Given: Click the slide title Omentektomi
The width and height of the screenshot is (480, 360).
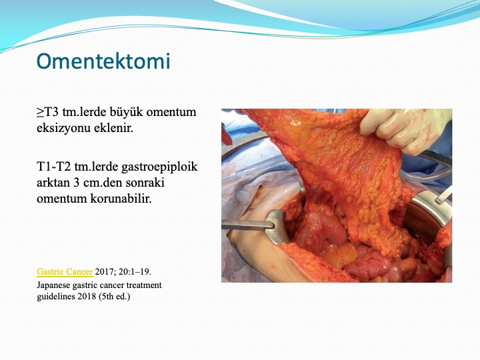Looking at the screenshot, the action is click(x=103, y=61).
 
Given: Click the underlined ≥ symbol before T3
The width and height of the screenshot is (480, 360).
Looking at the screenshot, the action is click(x=40, y=113).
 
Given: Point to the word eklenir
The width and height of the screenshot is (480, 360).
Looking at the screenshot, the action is click(x=113, y=127).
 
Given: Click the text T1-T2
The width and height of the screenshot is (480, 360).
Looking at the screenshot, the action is click(x=54, y=167).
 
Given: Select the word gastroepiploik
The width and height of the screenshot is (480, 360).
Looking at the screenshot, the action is click(x=159, y=167).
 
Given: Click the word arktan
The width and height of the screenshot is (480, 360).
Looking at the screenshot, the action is click(x=53, y=183).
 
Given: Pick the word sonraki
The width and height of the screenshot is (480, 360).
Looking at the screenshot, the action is click(x=145, y=183).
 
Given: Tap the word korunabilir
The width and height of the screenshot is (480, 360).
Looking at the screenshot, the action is click(x=121, y=199).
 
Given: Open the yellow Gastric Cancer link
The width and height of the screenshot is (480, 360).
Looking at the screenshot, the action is click(x=65, y=271).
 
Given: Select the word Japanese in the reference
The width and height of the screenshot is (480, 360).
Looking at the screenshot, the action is click(x=53, y=285).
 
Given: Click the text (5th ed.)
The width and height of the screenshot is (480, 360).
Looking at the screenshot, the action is click(x=115, y=297).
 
